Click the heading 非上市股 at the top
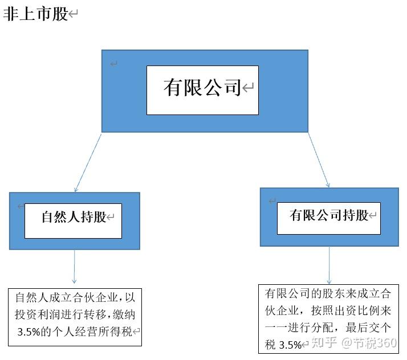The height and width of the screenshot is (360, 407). [36, 14]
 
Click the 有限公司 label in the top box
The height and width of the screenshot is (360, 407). [202, 88]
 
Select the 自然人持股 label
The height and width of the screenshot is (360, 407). [74, 217]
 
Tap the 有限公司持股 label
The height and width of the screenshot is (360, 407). [329, 215]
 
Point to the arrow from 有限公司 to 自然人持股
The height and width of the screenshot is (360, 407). [88, 163]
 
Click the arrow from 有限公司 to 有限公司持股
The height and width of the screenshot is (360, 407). [319, 159]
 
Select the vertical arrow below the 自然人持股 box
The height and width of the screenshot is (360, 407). [74, 267]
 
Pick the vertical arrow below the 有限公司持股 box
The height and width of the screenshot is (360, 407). [329, 265]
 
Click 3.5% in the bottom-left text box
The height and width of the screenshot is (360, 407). [29, 332]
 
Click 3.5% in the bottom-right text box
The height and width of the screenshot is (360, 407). [290, 345]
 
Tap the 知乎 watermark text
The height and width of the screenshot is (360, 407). [324, 343]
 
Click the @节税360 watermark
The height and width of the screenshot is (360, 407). [369, 343]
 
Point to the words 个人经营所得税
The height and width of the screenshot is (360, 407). [92, 332]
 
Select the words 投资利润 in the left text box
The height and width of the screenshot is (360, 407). [37, 314]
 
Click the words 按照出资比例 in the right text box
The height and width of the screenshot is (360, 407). [345, 310]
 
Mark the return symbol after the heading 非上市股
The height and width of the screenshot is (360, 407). [73, 14]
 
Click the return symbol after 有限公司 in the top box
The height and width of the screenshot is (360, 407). [248, 88]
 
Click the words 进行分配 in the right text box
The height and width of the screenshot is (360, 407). [310, 328]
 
